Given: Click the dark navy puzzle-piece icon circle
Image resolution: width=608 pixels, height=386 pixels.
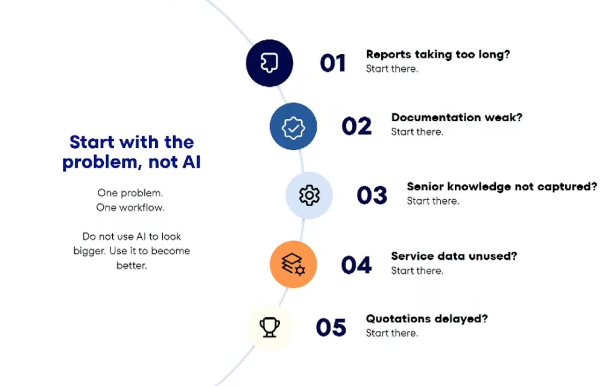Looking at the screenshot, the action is [270, 63].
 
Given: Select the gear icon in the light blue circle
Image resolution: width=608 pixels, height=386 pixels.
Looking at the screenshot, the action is [309, 195].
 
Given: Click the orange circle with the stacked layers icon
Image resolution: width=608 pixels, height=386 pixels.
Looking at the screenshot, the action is [294, 264].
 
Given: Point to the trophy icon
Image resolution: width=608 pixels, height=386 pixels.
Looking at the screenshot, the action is [270, 327].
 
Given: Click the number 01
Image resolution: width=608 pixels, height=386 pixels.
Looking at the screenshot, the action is [333, 63].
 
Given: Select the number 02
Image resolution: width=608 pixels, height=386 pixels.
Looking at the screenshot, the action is [356, 126].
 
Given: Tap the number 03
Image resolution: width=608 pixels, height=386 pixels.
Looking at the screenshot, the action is [372, 195].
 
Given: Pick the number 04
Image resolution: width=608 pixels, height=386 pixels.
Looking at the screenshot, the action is [356, 265].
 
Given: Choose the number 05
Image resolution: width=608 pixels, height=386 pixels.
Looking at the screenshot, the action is [331, 328].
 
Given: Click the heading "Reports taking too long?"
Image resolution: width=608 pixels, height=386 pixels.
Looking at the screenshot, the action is [438, 55].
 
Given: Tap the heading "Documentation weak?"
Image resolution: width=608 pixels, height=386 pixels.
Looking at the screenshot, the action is [457, 118].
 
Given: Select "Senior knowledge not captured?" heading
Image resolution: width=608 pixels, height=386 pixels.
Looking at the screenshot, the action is [502, 187].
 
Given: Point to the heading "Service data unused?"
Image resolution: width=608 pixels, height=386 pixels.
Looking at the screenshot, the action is [454, 256].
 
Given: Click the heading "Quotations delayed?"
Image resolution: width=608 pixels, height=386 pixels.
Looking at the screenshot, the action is [427, 319].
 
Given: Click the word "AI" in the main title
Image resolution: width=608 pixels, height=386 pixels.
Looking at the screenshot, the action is [192, 162].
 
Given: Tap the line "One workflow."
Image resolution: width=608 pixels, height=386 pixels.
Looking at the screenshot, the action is [130, 207].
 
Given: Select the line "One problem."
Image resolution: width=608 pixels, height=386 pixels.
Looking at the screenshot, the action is [130, 193].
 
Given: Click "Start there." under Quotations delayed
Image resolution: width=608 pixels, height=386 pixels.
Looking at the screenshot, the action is [392, 334].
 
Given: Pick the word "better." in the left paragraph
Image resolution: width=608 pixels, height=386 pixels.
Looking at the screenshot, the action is [132, 266].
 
